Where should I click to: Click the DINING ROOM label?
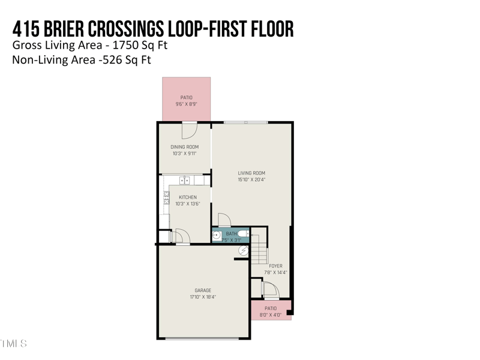pyautogui.click(x=184, y=147)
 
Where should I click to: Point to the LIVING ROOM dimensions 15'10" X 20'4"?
pyautogui.click(x=251, y=179)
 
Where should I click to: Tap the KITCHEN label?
pyautogui.click(x=187, y=197)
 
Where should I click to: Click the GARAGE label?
pyautogui.click(x=203, y=290)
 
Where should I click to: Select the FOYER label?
pyautogui.click(x=275, y=266)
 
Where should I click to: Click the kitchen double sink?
pyautogui.click(x=185, y=180)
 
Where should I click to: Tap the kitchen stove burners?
pyautogui.click(x=166, y=199)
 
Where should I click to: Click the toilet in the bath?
pyautogui.click(x=243, y=233)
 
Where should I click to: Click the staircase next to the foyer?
pyautogui.click(x=259, y=249)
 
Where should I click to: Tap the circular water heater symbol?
pyautogui.click(x=243, y=250)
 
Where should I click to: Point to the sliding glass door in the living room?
pyautogui.click(x=245, y=122)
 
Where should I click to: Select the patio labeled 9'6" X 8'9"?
pyautogui.click(x=186, y=99)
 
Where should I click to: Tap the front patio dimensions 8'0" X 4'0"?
pyautogui.click(x=270, y=315)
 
